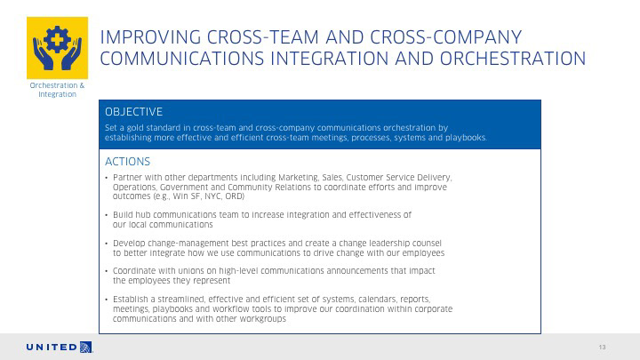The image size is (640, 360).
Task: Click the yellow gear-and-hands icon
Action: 57,48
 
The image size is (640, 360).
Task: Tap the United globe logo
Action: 86,347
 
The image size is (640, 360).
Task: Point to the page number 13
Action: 602,348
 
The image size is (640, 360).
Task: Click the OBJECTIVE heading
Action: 133,112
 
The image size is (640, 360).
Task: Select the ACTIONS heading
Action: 127,162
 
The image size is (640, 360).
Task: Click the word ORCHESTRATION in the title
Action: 513,59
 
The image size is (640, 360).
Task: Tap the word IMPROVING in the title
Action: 150,37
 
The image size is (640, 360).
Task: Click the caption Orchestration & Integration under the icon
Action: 57,90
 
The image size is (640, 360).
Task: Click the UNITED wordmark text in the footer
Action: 52,348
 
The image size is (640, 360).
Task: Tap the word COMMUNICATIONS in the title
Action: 182,59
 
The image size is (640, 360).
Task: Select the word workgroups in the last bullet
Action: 265,319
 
